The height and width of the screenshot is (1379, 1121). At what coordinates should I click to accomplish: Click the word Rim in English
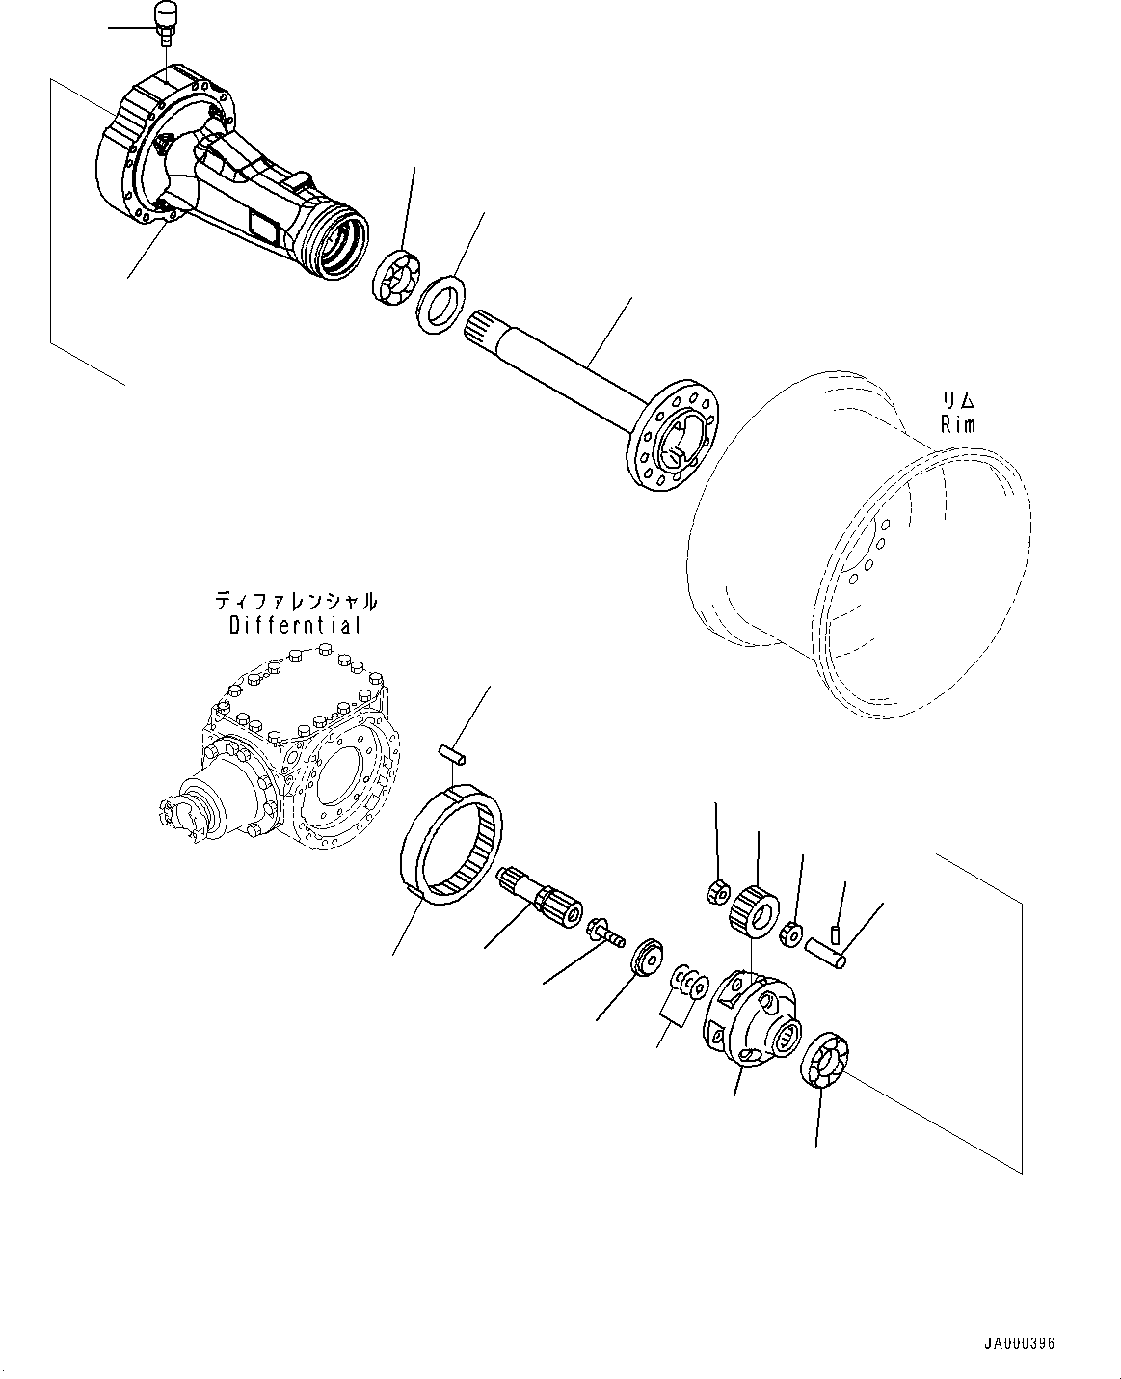958,424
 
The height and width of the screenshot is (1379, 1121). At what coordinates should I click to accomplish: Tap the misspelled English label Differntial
295,625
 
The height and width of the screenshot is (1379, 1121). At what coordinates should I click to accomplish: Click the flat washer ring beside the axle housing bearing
440,305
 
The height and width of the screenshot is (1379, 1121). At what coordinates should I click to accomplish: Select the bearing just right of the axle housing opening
396,277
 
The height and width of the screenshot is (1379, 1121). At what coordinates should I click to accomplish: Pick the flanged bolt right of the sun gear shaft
604,932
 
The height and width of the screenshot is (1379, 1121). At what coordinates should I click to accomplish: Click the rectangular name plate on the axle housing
266,228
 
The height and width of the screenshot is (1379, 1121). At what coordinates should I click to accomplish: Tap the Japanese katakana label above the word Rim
958,399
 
